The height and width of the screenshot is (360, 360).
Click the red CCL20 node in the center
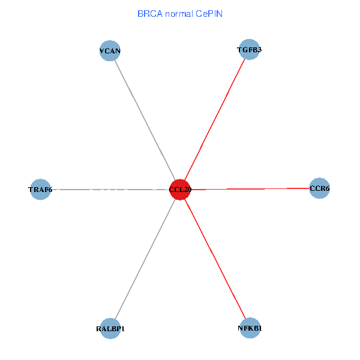[x=180, y=190]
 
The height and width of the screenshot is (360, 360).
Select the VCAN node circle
[x=110, y=51]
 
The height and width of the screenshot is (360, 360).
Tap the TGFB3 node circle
[x=249, y=50]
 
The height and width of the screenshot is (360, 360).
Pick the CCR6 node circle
[x=319, y=188]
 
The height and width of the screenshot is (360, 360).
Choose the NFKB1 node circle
[x=249, y=328]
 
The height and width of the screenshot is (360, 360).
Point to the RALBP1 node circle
[x=110, y=328]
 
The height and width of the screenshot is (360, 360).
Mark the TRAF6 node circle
[x=40, y=190]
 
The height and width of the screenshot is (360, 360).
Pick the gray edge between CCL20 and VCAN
[x=145, y=120]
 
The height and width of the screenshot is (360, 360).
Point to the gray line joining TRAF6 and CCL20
[x=108, y=190]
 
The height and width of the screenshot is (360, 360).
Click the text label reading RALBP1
[x=110, y=329]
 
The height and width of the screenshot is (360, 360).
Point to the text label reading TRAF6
[x=40, y=190]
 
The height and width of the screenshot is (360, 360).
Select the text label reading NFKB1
[x=249, y=328]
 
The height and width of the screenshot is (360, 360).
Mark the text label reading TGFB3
[x=249, y=50]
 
